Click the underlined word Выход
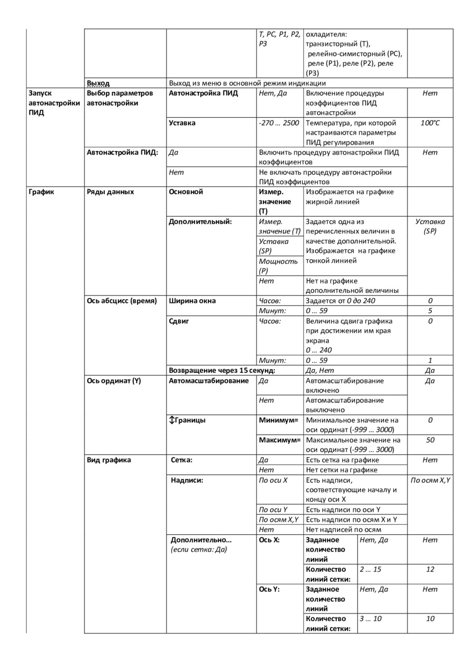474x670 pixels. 98,83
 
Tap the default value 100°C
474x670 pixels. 430,123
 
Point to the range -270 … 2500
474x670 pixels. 279,123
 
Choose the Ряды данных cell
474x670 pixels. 110,192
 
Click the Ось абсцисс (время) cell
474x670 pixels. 122,301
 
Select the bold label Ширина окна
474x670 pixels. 192,301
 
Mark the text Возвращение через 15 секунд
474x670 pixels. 222,370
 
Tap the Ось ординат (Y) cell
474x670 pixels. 114,381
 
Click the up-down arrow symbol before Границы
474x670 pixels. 171,420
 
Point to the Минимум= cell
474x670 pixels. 279,420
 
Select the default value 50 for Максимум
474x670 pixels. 430,440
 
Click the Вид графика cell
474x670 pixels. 109,460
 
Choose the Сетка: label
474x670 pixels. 182,460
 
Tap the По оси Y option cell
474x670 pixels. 273,510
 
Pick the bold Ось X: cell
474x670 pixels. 269,540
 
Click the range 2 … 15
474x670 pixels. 370,570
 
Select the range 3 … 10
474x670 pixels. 370,619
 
